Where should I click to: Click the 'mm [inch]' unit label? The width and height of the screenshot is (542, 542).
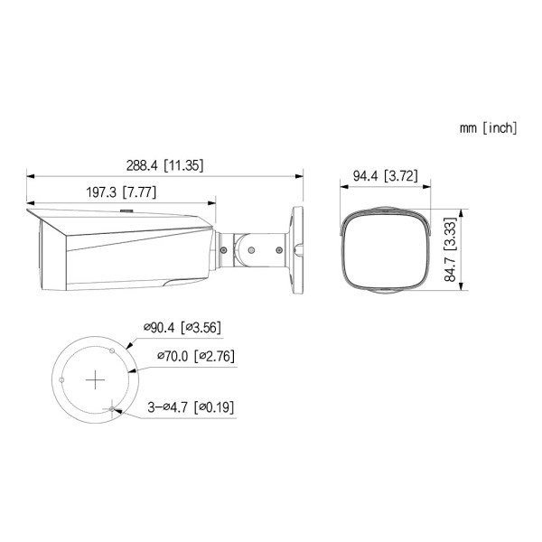click(488, 128)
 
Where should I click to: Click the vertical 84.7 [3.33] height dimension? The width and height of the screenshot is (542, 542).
click(449, 252)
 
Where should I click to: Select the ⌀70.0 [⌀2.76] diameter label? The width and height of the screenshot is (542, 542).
click(195, 356)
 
